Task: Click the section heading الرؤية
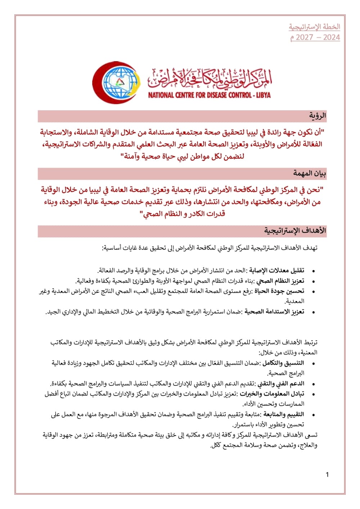pos(317,116)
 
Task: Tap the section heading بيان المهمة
pos(309,174)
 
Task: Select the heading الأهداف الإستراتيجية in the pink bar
pos(295,231)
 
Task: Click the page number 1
pos(327,475)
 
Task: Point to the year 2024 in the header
pos(331,37)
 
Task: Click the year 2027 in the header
pos(305,37)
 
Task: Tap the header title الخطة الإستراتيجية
pos(314,27)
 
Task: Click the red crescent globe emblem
pos(116,83)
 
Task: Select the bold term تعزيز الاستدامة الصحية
pos(274,312)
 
